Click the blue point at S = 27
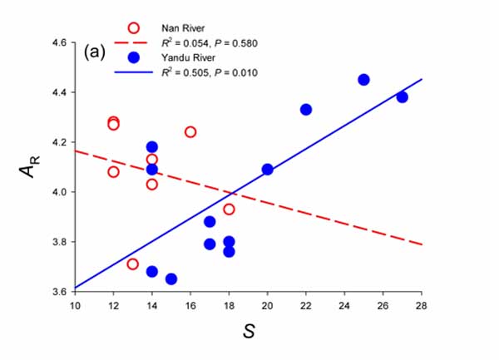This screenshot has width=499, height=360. click(x=402, y=97)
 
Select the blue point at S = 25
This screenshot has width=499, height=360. click(x=363, y=80)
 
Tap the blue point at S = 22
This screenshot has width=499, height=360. click(x=306, y=110)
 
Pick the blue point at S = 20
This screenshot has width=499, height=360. click(x=267, y=170)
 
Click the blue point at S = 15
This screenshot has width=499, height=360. click(x=171, y=279)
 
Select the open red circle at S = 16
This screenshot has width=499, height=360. click(x=190, y=132)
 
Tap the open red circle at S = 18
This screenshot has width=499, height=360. click(x=229, y=209)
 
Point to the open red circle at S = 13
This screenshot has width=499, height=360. click(x=133, y=264)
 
